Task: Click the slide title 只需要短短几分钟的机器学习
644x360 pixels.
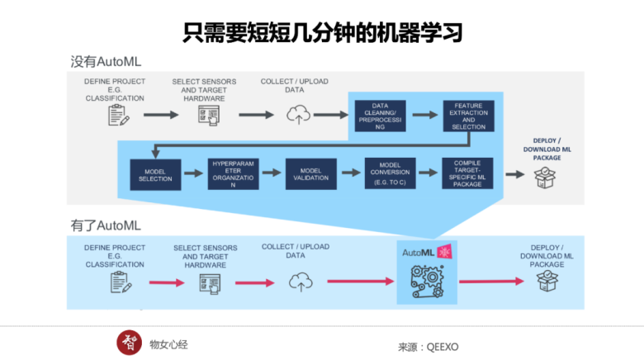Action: click(x=321, y=31)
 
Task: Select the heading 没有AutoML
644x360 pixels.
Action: click(x=107, y=62)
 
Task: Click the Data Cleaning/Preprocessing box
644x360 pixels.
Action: click(x=381, y=116)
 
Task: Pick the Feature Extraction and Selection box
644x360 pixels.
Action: click(x=469, y=116)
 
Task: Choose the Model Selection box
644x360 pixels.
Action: click(x=154, y=173)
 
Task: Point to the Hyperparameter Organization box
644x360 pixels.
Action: click(x=233, y=173)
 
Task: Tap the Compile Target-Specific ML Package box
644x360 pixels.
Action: click(x=467, y=173)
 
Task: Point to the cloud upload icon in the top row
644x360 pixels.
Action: click(x=296, y=116)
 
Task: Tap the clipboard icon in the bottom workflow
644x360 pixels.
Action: click(x=121, y=282)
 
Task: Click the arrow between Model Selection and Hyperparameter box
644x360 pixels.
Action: click(x=193, y=173)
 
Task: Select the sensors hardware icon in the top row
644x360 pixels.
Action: click(x=208, y=116)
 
